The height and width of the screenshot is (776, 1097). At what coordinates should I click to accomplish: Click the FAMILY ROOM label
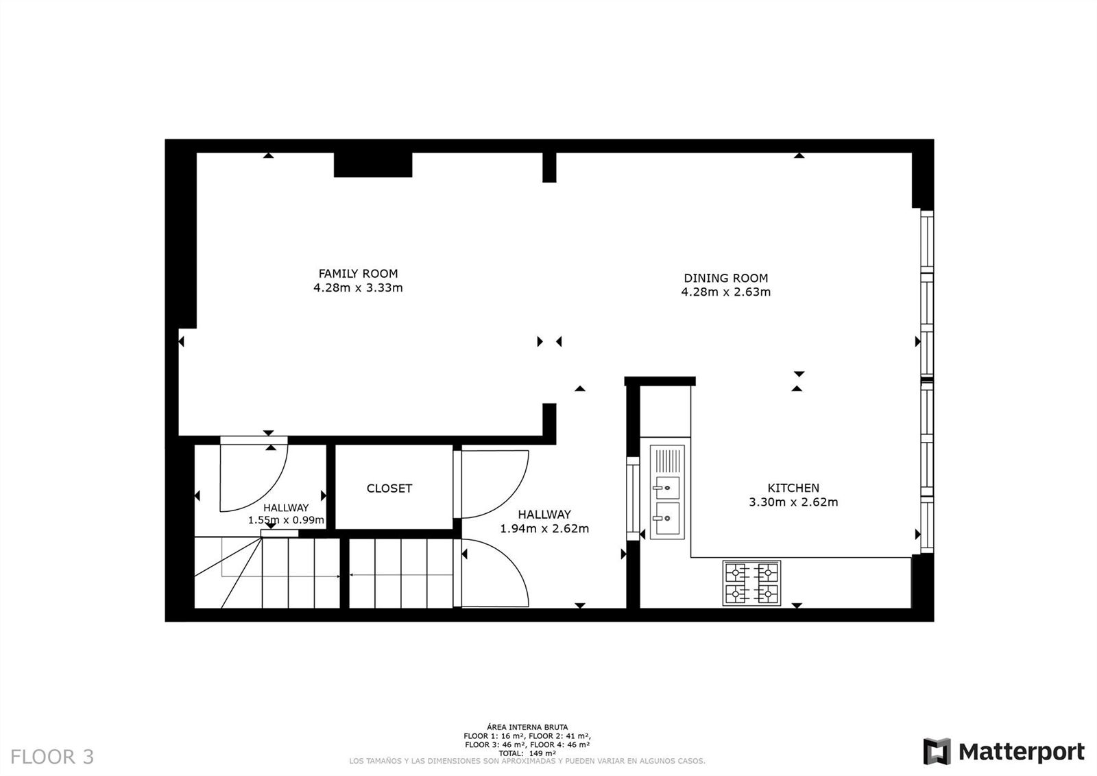[358, 274]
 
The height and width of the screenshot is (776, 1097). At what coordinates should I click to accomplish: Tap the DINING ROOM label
[726, 278]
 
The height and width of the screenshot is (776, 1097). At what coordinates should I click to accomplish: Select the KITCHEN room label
[793, 488]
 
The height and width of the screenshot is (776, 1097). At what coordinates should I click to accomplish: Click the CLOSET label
[389, 489]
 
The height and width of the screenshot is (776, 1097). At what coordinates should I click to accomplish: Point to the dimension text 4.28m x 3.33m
[358, 287]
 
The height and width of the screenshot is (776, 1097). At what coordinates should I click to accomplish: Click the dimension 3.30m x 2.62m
[793, 502]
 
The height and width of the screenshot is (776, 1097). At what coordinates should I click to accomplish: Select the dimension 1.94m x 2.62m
[544, 528]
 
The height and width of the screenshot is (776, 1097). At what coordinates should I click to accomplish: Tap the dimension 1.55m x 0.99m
[286, 520]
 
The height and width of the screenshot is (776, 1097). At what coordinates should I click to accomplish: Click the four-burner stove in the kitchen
[751, 583]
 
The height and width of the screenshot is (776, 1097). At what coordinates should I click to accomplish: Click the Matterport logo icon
[937, 751]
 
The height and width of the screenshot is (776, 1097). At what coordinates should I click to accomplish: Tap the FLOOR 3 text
[52, 757]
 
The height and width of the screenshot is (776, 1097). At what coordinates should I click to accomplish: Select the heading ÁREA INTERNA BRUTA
[527, 727]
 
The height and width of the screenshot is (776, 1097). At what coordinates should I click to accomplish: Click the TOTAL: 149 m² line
[527, 753]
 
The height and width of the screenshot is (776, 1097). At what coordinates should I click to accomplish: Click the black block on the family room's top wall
[373, 165]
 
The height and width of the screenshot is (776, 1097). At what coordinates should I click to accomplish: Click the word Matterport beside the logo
[1021, 752]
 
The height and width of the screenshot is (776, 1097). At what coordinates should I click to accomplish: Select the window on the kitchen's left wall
[633, 499]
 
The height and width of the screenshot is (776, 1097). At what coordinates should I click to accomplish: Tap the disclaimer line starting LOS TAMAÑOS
[527, 762]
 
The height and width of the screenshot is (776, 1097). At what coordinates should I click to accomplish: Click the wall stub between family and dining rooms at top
[549, 167]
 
